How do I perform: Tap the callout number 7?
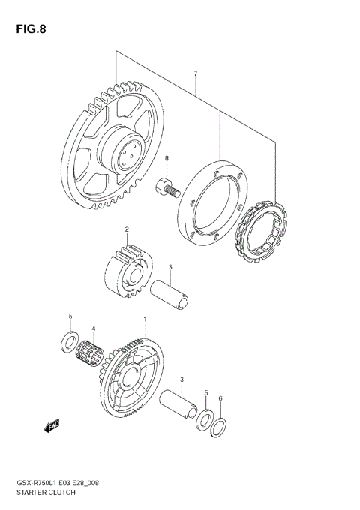pos(194,73)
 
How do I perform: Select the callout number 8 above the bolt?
pos(166,158)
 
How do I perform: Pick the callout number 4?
pos(94,328)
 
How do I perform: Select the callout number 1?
pos(145,319)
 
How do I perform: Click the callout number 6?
pos(220,398)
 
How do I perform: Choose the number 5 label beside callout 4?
pos(70,316)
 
